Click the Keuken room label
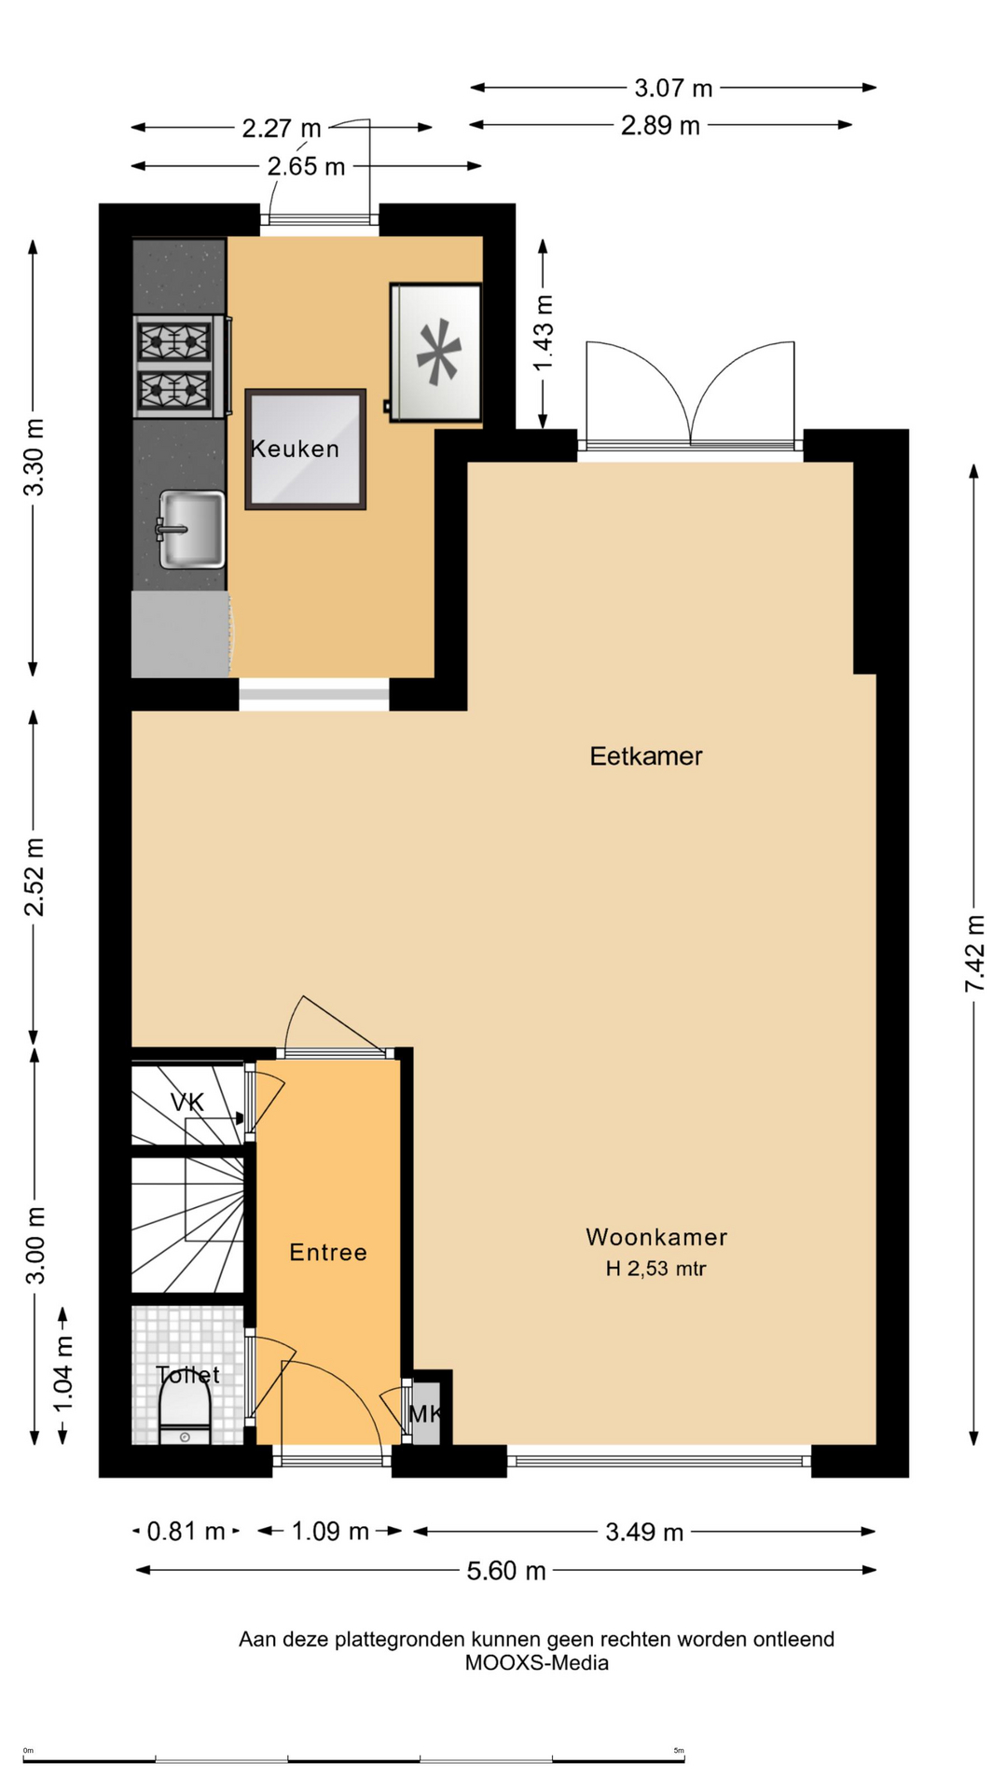point(295,449)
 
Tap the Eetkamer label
point(645,756)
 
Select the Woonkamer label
point(656,1237)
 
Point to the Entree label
point(328,1252)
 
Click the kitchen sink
point(191,530)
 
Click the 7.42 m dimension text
point(974,953)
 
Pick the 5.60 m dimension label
point(506,1571)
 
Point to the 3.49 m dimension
point(644,1532)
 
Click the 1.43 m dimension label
point(543,333)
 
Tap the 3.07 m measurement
point(673,89)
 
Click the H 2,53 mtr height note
point(656,1269)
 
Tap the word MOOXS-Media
point(537,1662)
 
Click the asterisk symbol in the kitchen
point(438,352)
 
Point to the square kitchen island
point(306,450)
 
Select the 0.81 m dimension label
point(186,1532)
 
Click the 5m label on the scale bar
point(679,1750)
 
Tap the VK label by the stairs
point(186,1103)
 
